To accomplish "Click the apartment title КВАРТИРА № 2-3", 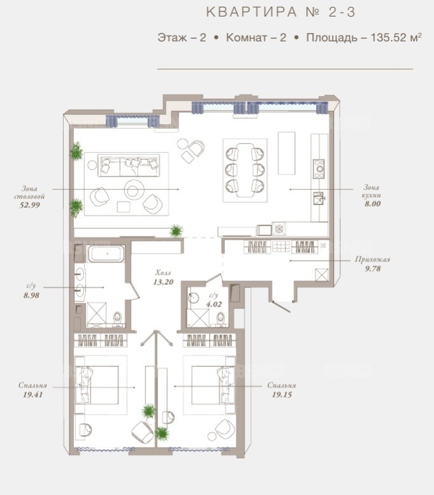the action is click(x=281, y=12).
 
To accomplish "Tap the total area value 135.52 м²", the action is click(x=396, y=37).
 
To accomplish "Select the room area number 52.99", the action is click(x=30, y=205).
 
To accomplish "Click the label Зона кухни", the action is click(x=372, y=191).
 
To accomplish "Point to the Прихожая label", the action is click(x=373, y=259).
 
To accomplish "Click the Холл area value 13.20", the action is click(x=163, y=282).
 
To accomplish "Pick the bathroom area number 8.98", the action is click(x=31, y=296).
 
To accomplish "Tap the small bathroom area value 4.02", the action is click(x=214, y=305).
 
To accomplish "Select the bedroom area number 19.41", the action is click(x=33, y=394).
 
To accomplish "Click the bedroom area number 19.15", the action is click(x=282, y=394).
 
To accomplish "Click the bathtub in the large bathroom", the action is click(x=106, y=254).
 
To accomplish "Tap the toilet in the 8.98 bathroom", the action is click(x=117, y=318).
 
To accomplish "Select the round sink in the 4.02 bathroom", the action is click(x=192, y=298).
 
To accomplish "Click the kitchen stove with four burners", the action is click(x=319, y=169).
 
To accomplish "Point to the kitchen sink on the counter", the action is click(x=319, y=198).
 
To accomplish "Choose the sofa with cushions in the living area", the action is click(x=128, y=166).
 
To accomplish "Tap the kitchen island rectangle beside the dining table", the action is click(x=287, y=153).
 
